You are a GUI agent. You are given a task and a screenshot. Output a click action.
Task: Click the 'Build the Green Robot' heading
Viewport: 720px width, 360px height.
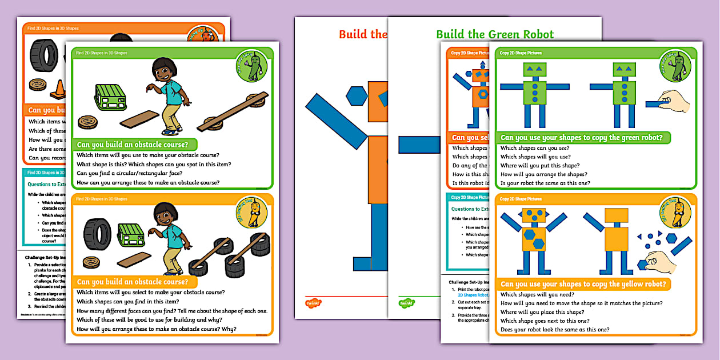[495, 34]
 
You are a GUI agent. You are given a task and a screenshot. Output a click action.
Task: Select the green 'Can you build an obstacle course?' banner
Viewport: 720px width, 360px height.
[134, 145]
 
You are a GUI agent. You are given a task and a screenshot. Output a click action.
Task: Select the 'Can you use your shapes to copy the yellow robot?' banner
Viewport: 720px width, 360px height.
[583, 284]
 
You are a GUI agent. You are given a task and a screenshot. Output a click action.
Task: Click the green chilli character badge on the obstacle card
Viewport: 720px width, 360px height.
[253, 66]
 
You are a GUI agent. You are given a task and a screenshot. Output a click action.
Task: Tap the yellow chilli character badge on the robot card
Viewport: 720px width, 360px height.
[675, 212]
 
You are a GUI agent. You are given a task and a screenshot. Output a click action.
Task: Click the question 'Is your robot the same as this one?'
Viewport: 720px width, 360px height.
[545, 183]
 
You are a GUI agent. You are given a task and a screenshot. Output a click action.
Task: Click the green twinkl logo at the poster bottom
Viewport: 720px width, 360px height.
[407, 303]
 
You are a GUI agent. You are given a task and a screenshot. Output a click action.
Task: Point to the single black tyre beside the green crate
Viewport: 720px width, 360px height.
[98, 234]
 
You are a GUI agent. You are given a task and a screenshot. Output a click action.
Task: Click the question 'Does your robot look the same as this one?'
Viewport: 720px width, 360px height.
[554, 330]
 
